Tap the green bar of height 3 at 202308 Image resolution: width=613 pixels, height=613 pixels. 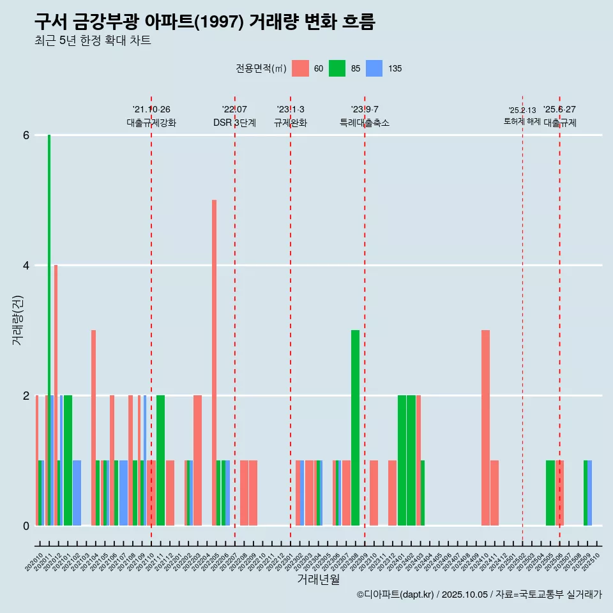click(x=355, y=428)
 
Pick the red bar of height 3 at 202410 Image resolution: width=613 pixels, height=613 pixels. click(x=485, y=428)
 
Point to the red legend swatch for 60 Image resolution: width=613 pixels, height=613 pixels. click(x=300, y=68)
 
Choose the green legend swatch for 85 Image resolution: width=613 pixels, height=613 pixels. click(x=337, y=68)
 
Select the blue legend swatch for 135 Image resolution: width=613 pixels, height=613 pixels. click(x=374, y=68)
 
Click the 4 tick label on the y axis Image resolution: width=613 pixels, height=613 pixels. click(x=26, y=266)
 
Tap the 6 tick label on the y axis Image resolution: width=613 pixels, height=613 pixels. click(x=26, y=135)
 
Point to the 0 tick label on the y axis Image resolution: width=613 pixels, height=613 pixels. click(x=26, y=526)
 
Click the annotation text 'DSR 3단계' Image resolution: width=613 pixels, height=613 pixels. click(x=234, y=123)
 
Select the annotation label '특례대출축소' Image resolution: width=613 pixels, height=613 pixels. click(x=364, y=123)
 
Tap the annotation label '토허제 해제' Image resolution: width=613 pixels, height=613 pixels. click(x=522, y=121)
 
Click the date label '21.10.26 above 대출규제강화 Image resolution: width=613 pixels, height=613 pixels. click(x=151, y=110)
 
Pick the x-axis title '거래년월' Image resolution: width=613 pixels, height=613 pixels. click(x=318, y=580)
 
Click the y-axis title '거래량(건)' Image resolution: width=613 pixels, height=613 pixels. click(x=17, y=319)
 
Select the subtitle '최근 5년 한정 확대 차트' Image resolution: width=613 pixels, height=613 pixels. click(x=93, y=41)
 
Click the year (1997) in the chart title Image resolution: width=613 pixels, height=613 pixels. click(x=218, y=22)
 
